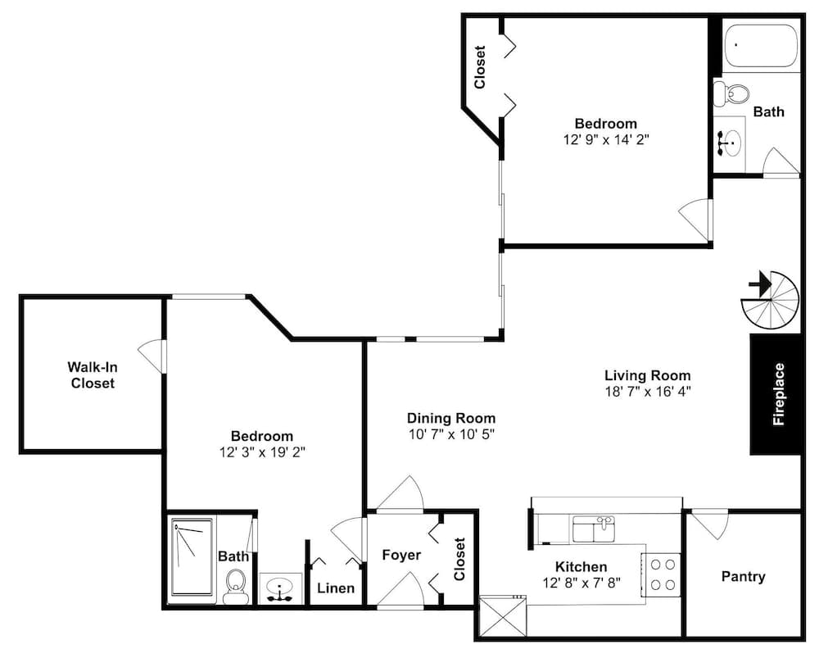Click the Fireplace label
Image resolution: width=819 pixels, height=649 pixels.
tap(779, 394)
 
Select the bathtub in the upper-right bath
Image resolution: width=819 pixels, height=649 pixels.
tap(761, 46)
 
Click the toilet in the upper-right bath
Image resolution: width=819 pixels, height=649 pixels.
tap(731, 93)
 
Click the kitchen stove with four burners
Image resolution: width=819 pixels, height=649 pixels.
tap(661, 574)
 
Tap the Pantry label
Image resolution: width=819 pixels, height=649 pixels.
tap(744, 576)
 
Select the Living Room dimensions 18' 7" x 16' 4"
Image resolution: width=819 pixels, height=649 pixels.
tap(648, 392)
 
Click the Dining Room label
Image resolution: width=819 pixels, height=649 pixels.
tap(451, 418)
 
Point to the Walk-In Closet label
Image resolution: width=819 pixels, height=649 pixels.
tap(93, 374)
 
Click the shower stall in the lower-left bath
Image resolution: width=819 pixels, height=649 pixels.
tap(192, 557)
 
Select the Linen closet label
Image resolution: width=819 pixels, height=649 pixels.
tap(336, 588)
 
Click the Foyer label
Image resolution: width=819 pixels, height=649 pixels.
tap(401, 555)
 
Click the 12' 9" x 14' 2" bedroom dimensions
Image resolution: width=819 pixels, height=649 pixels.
tap(606, 139)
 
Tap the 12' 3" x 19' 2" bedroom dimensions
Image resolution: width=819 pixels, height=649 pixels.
tap(262, 452)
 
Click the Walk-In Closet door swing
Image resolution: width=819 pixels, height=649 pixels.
tap(152, 356)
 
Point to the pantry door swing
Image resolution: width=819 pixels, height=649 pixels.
tap(709, 525)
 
